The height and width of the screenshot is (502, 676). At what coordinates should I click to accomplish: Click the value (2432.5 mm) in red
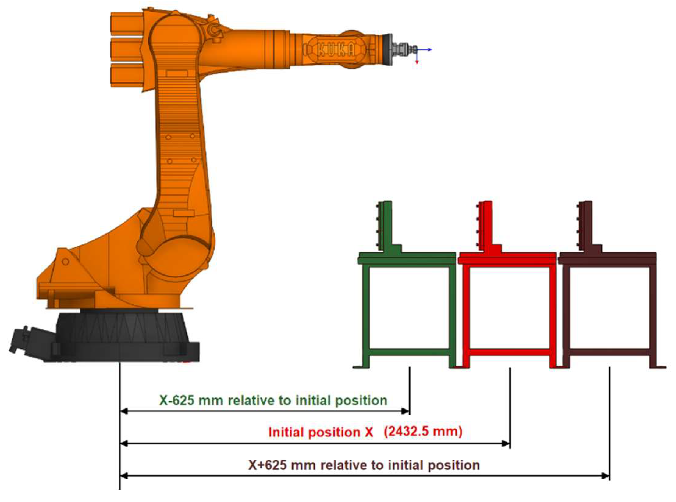[423, 432]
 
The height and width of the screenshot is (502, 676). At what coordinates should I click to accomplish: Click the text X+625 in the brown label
[267, 465]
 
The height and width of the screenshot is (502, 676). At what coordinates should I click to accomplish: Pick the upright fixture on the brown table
[587, 226]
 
